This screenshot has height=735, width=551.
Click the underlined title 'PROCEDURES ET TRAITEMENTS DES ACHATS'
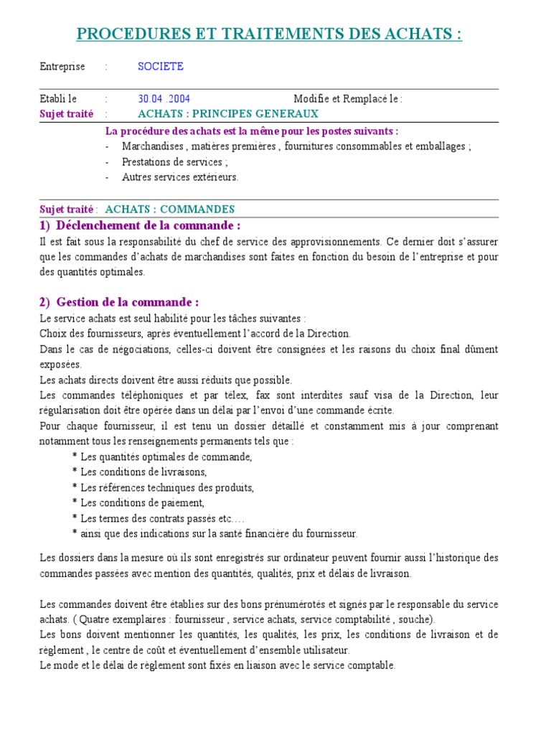pyautogui.click(x=269, y=34)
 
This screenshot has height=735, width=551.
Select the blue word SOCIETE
pyautogui.click(x=161, y=67)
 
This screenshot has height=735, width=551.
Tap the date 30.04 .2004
pyautogui.click(x=164, y=99)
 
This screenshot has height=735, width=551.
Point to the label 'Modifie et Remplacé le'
pyautogui.click(x=348, y=99)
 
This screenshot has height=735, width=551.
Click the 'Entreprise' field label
pyautogui.click(x=62, y=67)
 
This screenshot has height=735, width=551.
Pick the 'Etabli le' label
pyautogui.click(x=57, y=99)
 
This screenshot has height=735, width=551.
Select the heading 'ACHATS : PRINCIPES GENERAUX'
pyautogui.click(x=227, y=114)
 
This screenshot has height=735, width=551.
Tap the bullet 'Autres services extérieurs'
pyautogui.click(x=179, y=177)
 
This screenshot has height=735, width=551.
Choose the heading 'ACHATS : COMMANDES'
pyautogui.click(x=170, y=210)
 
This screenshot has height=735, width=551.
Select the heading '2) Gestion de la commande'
pyautogui.click(x=119, y=301)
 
